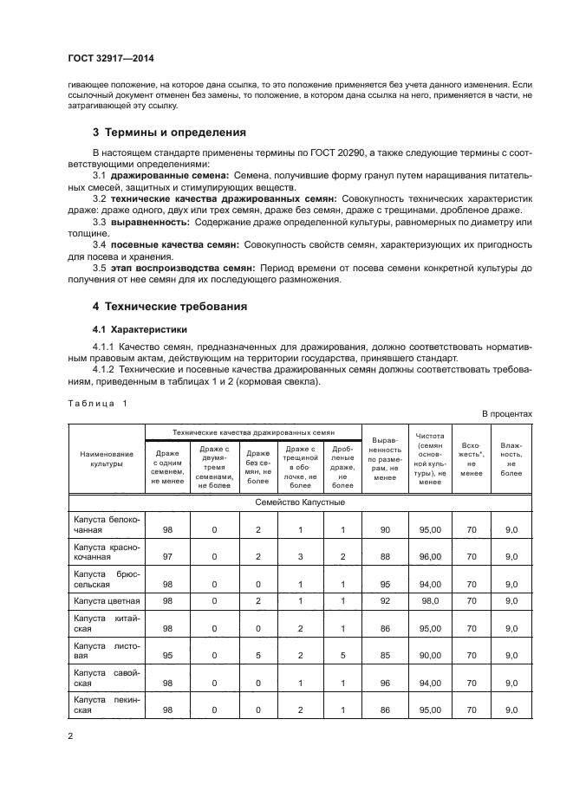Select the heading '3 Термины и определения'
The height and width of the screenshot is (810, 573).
(169, 133)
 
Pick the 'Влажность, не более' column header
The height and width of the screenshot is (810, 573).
(511, 458)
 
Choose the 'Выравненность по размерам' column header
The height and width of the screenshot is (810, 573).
(384, 458)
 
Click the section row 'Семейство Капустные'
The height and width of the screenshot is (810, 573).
(300, 502)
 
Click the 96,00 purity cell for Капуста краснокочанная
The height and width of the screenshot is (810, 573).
(431, 557)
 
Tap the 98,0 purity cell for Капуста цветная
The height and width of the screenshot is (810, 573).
(431, 599)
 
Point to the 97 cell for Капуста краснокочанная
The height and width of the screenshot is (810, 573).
(167, 557)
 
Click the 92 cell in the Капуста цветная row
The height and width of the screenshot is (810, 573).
(385, 599)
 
